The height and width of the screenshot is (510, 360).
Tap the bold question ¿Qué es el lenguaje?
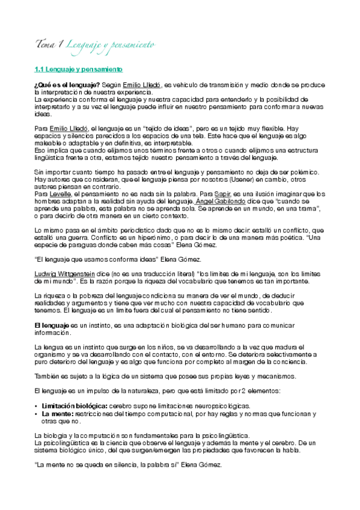(x=67, y=87)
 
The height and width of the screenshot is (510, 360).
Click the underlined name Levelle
(x=61, y=194)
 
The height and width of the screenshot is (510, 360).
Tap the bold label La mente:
(x=58, y=414)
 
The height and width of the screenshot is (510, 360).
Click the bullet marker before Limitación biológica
(x=37, y=407)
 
